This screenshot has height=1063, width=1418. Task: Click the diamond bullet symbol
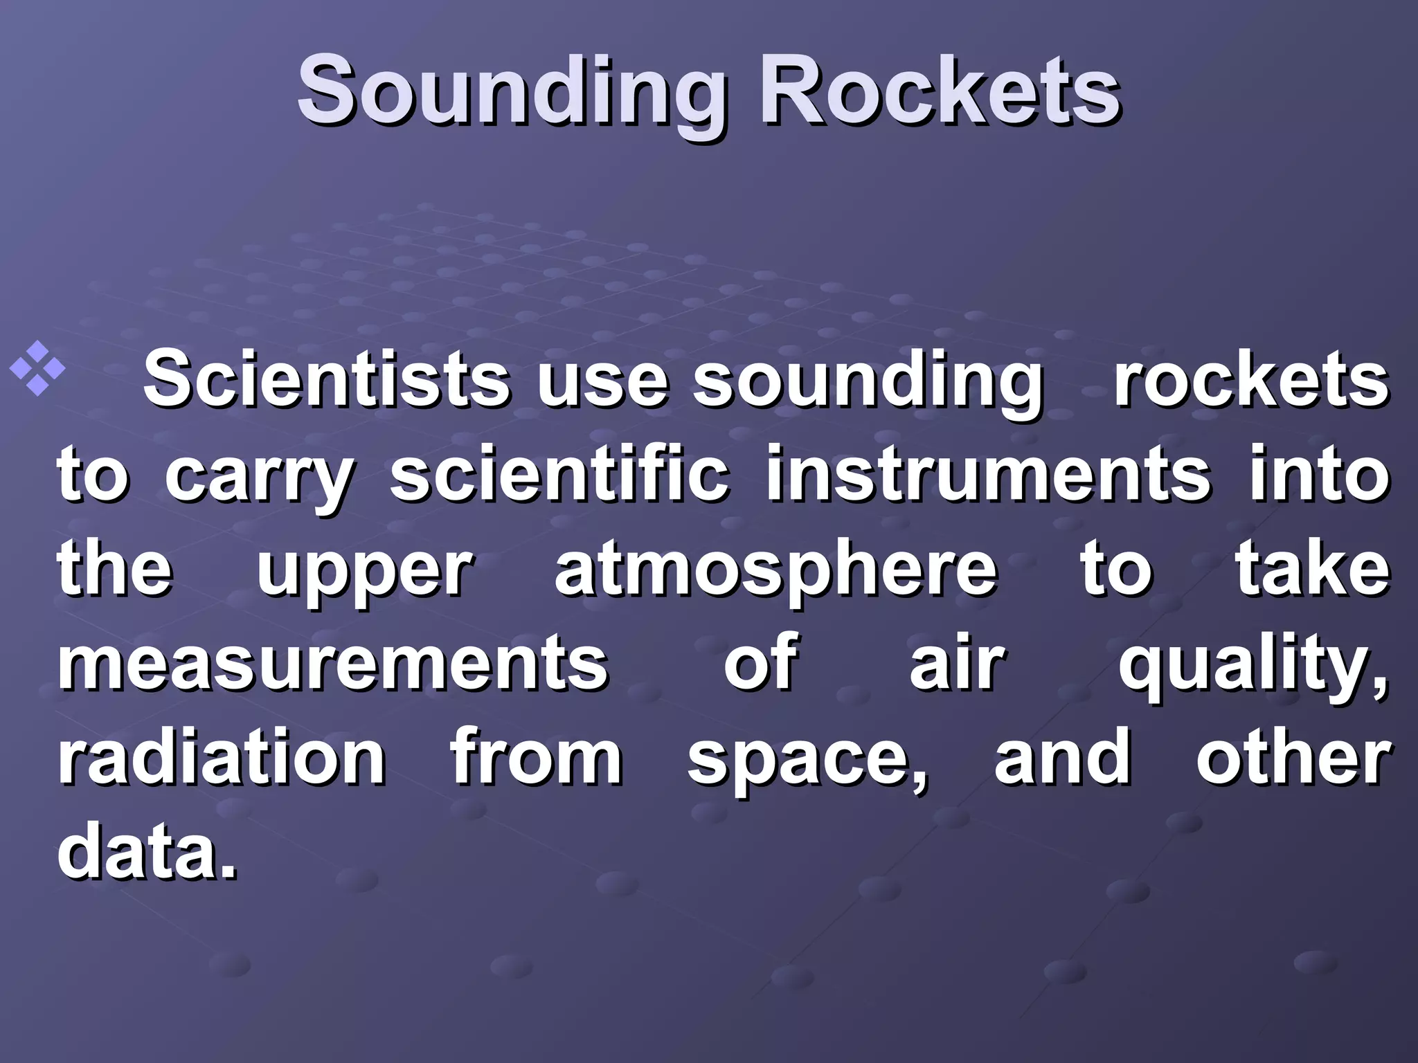click(38, 368)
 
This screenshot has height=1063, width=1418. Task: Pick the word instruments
click(989, 475)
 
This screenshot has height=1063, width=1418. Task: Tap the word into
click(1320, 475)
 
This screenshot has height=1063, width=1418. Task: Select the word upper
click(365, 572)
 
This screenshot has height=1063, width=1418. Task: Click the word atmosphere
click(775, 571)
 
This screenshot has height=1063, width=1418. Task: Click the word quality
click(1253, 666)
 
